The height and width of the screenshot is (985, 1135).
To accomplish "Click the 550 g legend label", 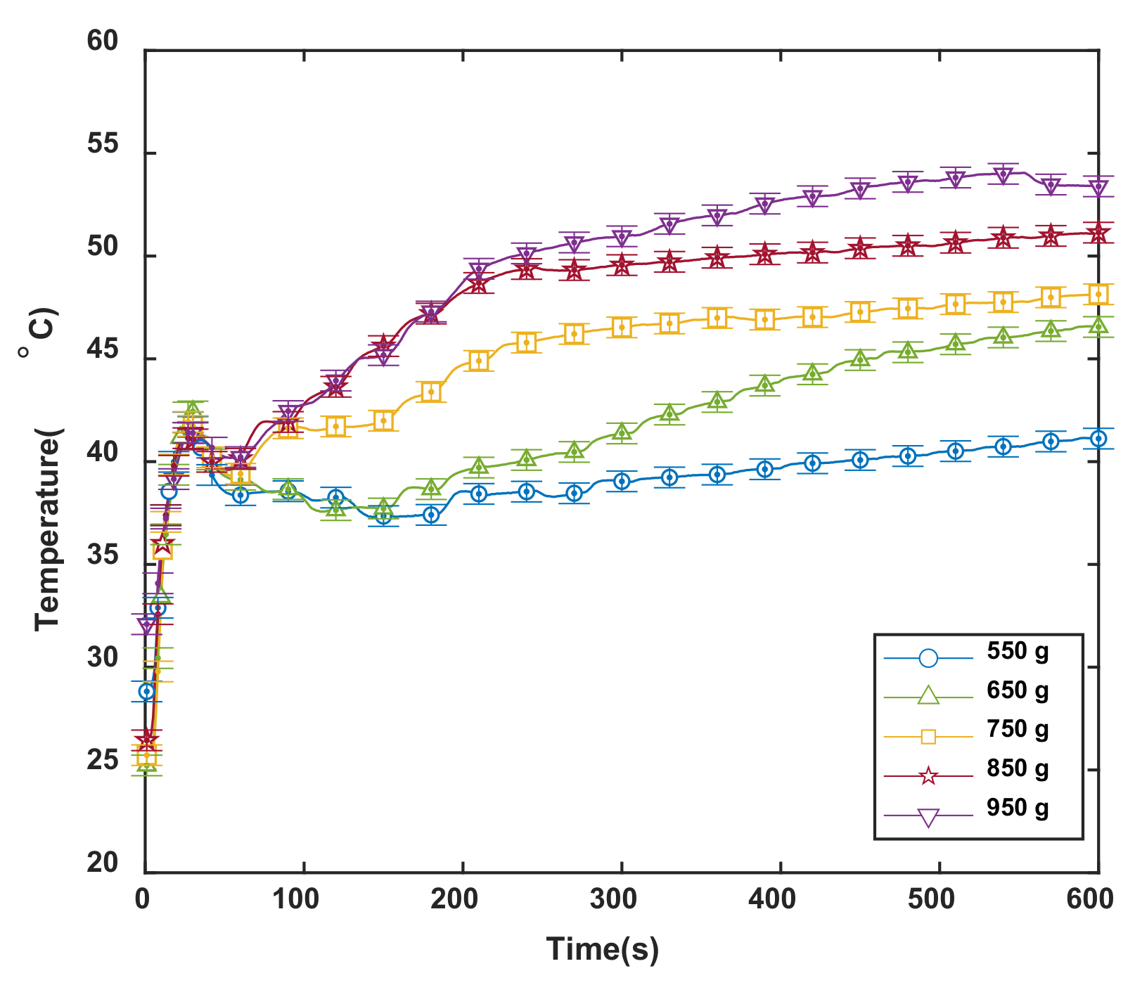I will [x=1017, y=652].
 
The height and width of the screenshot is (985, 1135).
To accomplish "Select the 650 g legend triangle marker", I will [x=928, y=695].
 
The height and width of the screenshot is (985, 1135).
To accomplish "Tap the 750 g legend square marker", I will [x=928, y=736].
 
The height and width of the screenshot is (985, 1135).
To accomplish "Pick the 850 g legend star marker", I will [x=928, y=776].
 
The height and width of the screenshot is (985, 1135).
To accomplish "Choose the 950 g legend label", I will [x=1017, y=808].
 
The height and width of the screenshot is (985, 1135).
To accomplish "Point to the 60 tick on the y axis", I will [x=103, y=41].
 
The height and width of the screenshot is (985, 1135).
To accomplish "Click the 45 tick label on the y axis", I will [x=103, y=350].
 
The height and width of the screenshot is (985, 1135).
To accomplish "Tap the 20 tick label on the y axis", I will [x=103, y=863].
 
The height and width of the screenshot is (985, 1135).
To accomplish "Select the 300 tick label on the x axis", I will [x=614, y=899].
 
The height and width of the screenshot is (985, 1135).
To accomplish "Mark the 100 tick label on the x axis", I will [x=295, y=899].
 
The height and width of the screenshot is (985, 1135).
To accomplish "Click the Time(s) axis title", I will [x=603, y=949].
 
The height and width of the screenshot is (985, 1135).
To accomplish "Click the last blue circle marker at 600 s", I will [x=1098, y=439].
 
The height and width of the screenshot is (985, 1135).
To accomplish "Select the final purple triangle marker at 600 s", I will [x=1098, y=188].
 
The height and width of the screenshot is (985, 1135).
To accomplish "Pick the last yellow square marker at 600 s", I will [x=1098, y=295].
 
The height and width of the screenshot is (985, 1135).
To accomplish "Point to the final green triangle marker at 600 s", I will [x=1098, y=325].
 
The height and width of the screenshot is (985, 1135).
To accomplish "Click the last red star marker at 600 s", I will [x=1098, y=233].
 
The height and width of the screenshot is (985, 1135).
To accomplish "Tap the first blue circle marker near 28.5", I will [x=146, y=691].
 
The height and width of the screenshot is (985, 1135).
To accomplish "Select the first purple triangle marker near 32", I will [x=146, y=625].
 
